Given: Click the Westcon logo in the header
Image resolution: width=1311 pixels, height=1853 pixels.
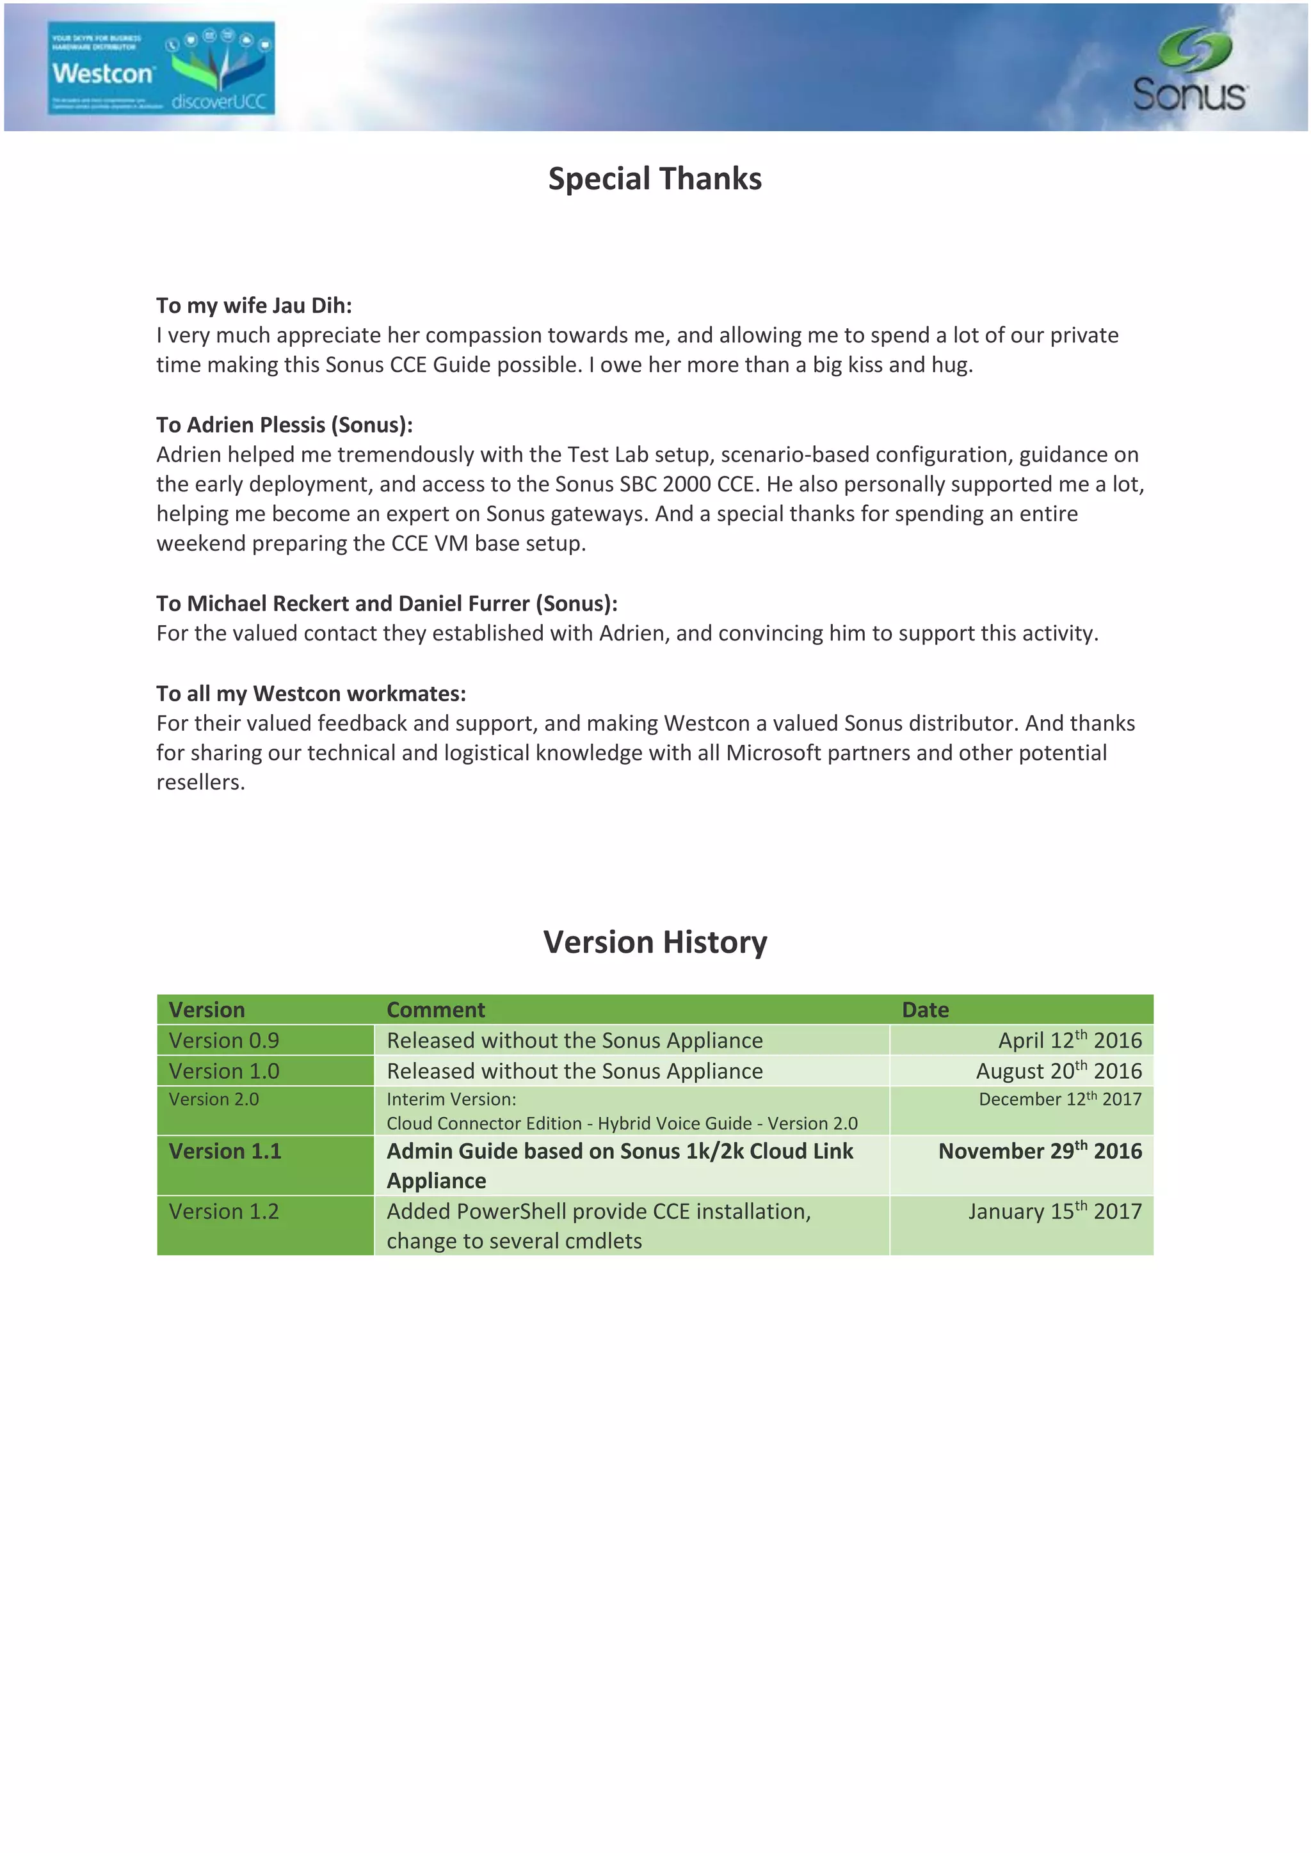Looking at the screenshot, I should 161,68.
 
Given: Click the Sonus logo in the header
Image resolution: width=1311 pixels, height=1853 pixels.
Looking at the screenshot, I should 1190,71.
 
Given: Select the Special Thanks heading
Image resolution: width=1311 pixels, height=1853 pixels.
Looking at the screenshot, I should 655,179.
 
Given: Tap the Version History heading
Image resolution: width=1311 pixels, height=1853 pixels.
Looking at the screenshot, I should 655,942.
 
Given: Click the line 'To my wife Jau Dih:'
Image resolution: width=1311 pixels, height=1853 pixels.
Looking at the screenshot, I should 254,306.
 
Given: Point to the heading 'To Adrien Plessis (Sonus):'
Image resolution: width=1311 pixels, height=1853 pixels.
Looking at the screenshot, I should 284,425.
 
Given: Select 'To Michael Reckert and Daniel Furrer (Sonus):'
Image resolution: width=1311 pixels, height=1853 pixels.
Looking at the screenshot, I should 387,603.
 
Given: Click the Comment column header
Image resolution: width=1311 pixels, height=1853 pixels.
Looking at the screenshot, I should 436,1010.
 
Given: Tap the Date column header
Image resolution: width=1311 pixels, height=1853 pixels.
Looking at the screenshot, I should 925,1010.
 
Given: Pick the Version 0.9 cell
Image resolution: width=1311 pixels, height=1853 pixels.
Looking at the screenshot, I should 223,1040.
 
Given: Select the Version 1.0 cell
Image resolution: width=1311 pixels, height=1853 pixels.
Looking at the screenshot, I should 223,1071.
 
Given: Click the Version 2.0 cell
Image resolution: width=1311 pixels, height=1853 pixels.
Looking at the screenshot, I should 214,1099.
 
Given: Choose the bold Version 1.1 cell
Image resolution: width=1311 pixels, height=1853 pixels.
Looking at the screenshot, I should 225,1151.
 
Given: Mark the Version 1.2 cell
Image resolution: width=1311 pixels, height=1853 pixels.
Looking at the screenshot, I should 223,1211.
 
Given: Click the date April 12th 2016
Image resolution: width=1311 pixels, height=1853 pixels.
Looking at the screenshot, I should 1070,1040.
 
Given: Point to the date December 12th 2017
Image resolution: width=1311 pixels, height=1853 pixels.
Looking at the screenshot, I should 1060,1099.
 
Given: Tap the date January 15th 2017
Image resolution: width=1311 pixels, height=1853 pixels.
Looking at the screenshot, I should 1055,1211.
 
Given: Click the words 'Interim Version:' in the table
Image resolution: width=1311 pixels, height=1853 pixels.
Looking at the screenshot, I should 451,1099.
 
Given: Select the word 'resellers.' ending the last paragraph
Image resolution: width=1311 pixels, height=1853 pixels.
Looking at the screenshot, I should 200,783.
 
